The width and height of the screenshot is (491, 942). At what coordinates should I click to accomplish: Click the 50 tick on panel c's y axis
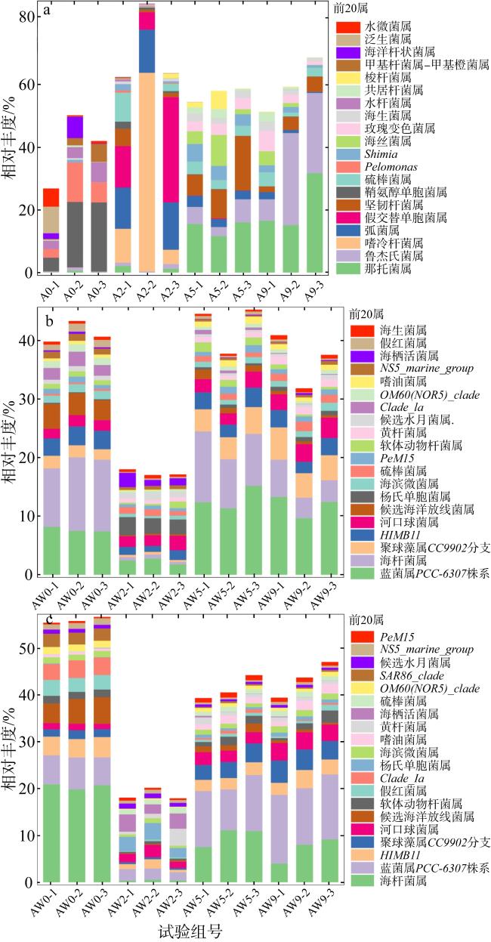[x=28, y=648]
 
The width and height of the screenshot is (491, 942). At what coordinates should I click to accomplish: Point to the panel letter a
[x=47, y=12]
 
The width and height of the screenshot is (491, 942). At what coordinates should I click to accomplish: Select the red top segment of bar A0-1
[x=51, y=198]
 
